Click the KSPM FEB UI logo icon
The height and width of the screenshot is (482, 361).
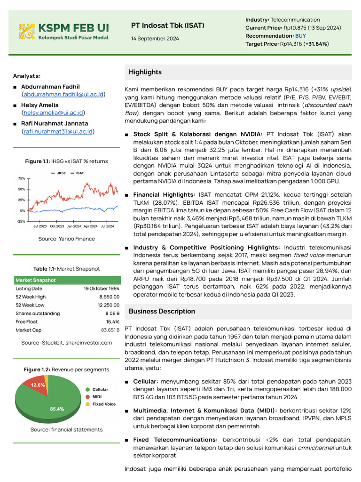point(27,31)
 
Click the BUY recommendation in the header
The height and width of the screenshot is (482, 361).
point(300,36)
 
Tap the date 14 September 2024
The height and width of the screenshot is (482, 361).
point(155,39)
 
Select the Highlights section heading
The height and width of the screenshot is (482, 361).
point(145,72)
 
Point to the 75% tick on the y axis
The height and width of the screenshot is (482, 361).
point(22,179)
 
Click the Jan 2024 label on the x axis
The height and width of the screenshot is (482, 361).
point(73,226)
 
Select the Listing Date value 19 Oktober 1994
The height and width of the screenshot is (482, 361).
point(102,289)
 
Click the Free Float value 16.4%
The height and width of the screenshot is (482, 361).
point(113,321)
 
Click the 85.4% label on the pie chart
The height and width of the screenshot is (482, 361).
point(57,409)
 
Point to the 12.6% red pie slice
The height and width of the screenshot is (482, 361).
point(37,385)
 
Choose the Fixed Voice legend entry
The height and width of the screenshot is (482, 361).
point(103,404)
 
